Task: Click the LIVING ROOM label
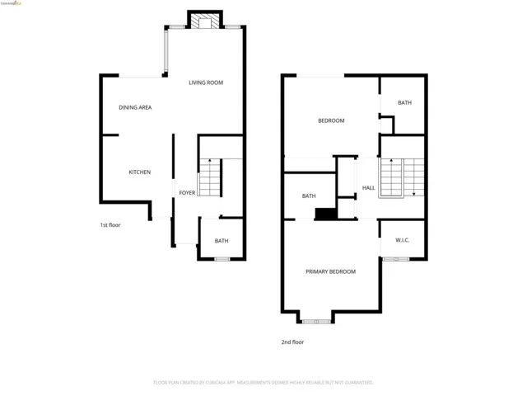coord(205,82)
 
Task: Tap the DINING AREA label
coord(135,107)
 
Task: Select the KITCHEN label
coord(139,172)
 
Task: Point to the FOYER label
coord(188,193)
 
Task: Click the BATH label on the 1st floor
coord(222,241)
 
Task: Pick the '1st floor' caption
coord(110,224)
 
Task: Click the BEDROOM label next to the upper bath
coord(331,120)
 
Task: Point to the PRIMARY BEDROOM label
coord(330,271)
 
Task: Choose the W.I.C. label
coord(403,240)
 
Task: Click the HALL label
coord(369,188)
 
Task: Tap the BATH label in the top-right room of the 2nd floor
coord(404,103)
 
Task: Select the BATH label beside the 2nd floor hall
coord(309,196)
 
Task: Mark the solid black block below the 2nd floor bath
coord(326,214)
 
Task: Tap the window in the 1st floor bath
coord(222,259)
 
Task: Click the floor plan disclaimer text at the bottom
coord(263,383)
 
